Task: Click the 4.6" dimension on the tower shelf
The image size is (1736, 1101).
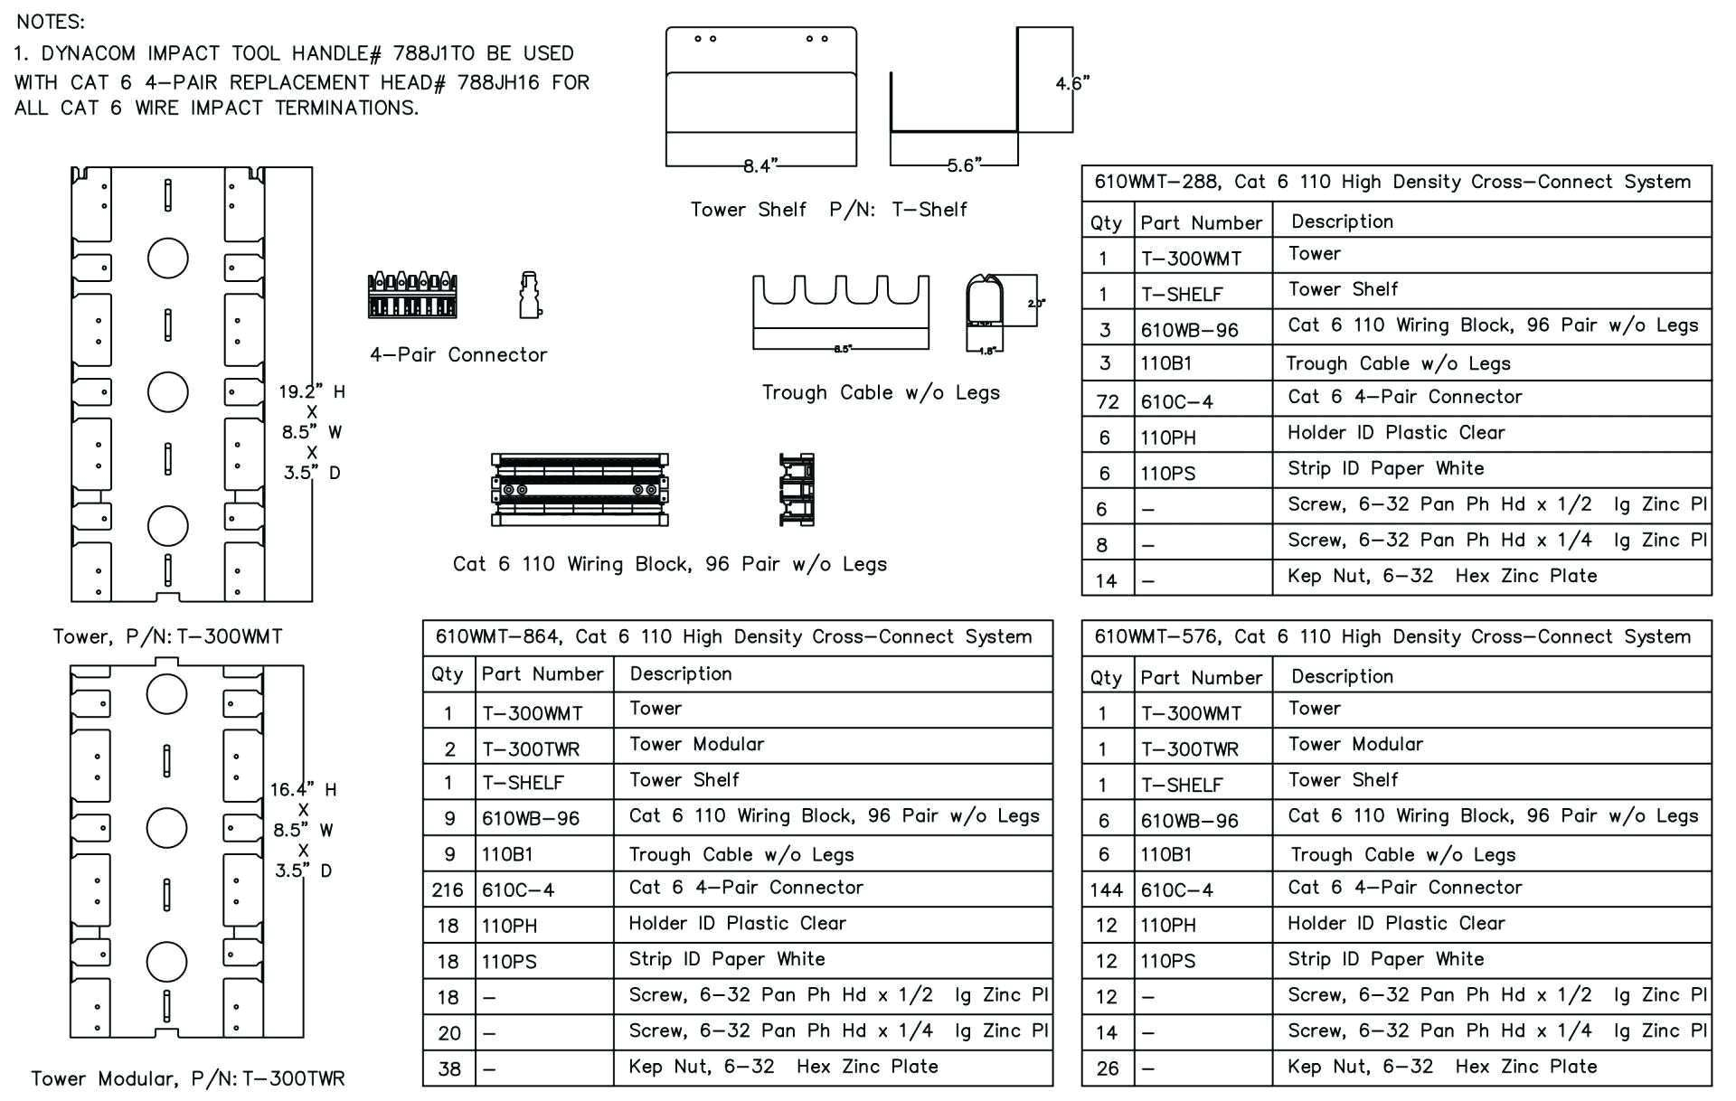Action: tap(1071, 83)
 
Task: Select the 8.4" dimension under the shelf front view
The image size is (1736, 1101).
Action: tap(760, 165)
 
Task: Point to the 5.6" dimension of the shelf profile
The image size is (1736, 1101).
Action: tap(964, 165)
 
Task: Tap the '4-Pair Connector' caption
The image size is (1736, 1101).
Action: tap(458, 354)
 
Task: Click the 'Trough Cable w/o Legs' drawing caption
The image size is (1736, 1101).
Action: tap(881, 392)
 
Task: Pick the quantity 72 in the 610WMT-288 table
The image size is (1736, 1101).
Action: tap(1107, 401)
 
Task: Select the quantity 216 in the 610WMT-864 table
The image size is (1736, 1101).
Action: tap(448, 889)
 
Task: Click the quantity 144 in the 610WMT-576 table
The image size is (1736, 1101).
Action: tap(1106, 889)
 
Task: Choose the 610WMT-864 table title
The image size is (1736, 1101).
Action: tap(733, 636)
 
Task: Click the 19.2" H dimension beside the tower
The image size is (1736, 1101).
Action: tap(311, 391)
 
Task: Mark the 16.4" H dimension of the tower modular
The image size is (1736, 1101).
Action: tap(303, 789)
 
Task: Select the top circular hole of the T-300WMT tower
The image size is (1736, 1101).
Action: tap(168, 259)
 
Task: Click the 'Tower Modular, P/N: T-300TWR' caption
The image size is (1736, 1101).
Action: tap(188, 1078)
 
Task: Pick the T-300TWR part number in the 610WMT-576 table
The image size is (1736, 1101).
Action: tap(1189, 748)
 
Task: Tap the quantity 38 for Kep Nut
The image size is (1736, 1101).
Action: tap(448, 1068)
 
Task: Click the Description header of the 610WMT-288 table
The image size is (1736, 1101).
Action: tap(1342, 221)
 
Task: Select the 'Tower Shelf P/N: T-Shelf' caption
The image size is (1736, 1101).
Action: tap(828, 210)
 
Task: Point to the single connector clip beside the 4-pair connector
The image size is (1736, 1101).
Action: tap(531, 295)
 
